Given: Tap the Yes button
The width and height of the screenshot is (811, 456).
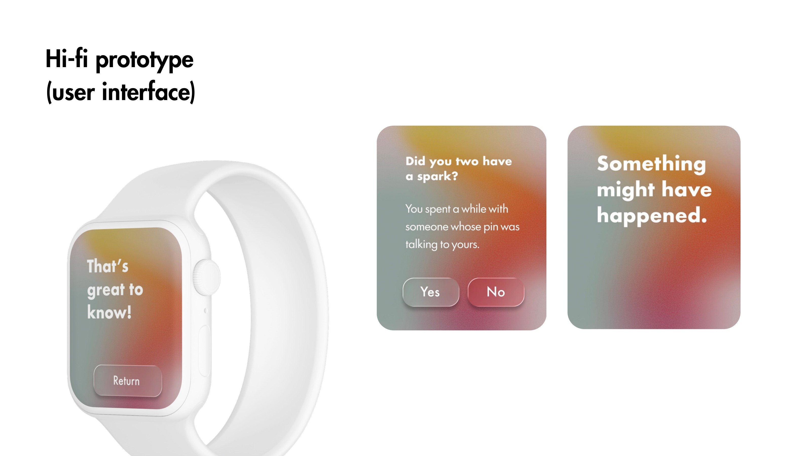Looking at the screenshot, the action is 431,292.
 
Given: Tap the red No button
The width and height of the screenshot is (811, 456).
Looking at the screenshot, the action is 496,292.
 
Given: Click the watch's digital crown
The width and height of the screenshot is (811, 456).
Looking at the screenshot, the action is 207,277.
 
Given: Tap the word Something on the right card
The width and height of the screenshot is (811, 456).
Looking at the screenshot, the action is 651,164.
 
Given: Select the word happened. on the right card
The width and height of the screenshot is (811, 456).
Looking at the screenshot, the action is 652,216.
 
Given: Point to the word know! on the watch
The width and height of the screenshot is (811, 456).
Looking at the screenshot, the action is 109,313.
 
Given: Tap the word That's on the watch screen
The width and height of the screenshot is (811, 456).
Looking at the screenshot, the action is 108,266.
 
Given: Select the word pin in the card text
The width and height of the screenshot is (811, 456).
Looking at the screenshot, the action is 491,227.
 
